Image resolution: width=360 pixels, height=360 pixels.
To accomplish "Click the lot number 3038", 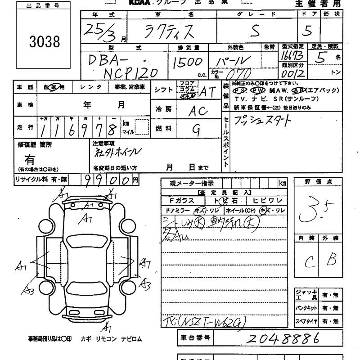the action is pos(45,41).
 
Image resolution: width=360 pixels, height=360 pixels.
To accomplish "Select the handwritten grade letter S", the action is pos(255,31).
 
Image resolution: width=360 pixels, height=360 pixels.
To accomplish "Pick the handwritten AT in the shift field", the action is pos(207,91).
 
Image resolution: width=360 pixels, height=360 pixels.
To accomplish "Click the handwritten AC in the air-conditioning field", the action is pos(197,111).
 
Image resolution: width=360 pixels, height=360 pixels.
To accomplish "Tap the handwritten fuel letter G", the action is pos(196,130).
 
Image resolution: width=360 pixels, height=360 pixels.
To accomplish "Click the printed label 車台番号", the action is pos(195,338).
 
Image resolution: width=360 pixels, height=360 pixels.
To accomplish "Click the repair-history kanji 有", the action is pos(30,159).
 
